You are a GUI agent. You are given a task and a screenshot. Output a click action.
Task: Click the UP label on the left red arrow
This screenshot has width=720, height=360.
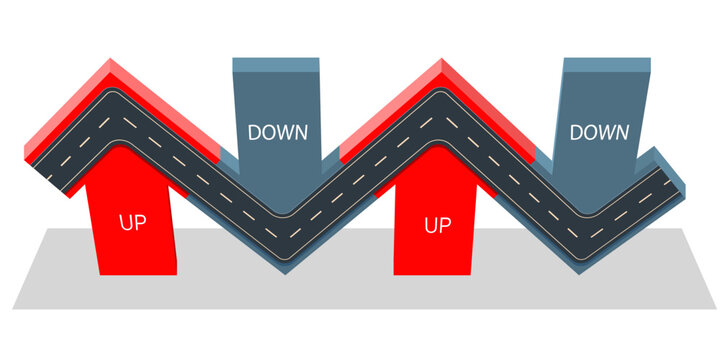click(x=132, y=222)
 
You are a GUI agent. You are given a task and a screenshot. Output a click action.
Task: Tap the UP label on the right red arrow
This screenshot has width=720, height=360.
click(x=437, y=225)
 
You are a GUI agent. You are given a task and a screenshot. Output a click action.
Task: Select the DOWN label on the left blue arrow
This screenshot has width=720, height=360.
click(x=277, y=132)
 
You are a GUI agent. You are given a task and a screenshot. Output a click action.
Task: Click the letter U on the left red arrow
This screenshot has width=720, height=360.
click(x=125, y=222)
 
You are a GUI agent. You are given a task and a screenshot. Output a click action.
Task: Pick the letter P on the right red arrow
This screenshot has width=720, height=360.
click(x=445, y=225)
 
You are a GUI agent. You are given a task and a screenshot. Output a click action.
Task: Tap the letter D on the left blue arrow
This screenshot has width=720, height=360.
click(x=254, y=132)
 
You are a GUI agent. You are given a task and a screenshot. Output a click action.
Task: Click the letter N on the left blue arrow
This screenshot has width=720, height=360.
click(x=300, y=132)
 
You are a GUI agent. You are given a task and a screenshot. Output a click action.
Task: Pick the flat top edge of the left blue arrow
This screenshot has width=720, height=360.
click(x=275, y=62)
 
